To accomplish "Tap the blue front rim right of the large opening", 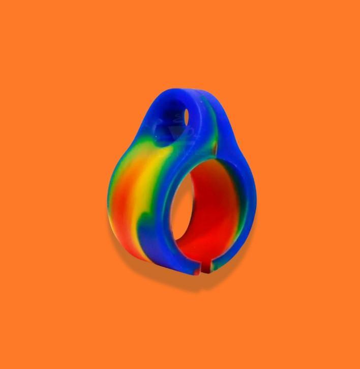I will click(x=243, y=204).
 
